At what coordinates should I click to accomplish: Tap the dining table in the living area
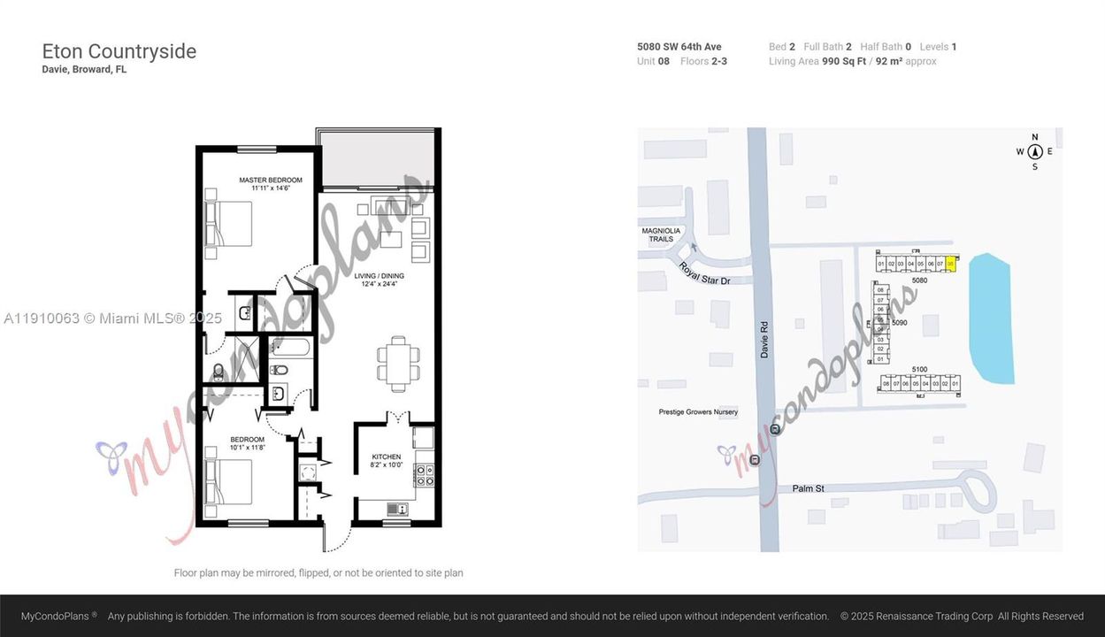pos(397,364)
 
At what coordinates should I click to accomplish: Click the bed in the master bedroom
pos(229,224)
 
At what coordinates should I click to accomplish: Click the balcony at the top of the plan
pos(377,159)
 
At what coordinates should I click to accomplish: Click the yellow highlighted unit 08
pos(951,264)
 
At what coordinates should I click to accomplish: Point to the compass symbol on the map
pos(1034,151)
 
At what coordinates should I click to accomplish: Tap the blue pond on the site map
pos(992,318)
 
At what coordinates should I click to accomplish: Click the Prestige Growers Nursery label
pos(698,412)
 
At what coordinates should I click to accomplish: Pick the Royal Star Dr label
pos(704,272)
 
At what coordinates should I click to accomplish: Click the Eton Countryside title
pos(119,51)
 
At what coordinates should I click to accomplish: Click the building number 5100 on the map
pos(919,369)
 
